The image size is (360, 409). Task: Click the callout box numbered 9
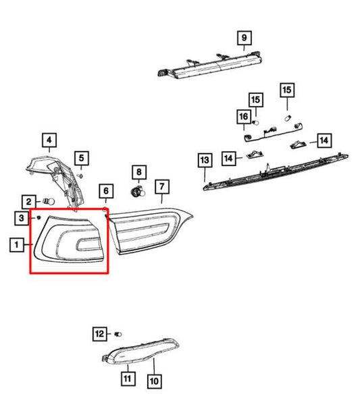pos(244,38)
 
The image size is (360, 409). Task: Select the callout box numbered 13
pos(205,160)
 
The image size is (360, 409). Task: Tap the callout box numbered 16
pos(244,116)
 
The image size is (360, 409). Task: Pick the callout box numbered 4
pos(49,140)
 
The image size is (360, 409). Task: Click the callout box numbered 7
pos(162,186)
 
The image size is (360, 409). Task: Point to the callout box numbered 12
pos(100,333)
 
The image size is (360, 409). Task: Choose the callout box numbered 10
pos(154,381)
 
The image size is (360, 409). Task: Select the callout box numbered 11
pos(128,379)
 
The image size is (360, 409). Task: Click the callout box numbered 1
pos(17,245)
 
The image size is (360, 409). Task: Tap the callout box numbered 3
pos(22,218)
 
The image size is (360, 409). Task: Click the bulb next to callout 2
pos(49,202)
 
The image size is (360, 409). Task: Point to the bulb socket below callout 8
pos(138,192)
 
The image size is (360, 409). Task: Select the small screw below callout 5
pos(80,175)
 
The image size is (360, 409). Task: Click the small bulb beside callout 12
pos(118,334)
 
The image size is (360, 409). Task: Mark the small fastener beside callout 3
pos(39,217)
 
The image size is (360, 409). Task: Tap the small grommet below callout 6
pos(105,209)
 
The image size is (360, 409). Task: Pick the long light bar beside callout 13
pos(276,172)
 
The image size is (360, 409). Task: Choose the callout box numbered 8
pos(139,172)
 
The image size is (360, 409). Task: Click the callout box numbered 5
pos(82,158)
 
